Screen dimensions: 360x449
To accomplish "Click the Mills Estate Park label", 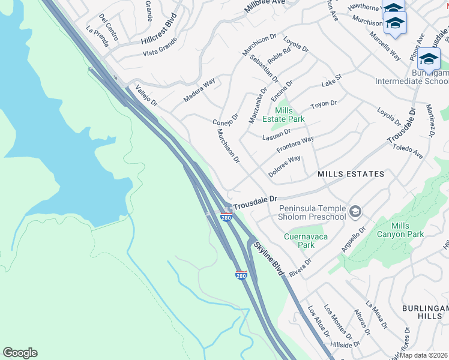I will pyautogui.click(x=284, y=115).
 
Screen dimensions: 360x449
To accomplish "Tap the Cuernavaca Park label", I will pyautogui.click(x=306, y=241).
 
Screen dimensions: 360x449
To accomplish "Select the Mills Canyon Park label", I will pyautogui.click(x=399, y=230).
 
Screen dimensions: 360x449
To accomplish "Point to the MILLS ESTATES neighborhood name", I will pyautogui.click(x=351, y=174).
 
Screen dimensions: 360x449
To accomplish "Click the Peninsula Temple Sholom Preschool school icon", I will pyautogui.click(x=355, y=211).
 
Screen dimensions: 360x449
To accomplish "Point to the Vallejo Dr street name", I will pyautogui.click(x=146, y=95).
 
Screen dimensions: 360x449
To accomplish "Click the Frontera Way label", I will pyautogui.click(x=295, y=145).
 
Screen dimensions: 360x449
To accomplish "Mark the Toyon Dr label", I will pyautogui.click(x=324, y=106).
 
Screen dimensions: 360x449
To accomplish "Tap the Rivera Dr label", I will pyautogui.click(x=301, y=267).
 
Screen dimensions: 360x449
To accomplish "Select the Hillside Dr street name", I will pyautogui.click(x=349, y=344).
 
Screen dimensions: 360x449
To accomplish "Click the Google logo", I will pyautogui.click(x=20, y=353).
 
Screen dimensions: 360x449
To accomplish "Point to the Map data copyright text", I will pyautogui.click(x=424, y=355).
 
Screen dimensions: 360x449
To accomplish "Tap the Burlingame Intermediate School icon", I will pyautogui.click(x=429, y=59).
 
